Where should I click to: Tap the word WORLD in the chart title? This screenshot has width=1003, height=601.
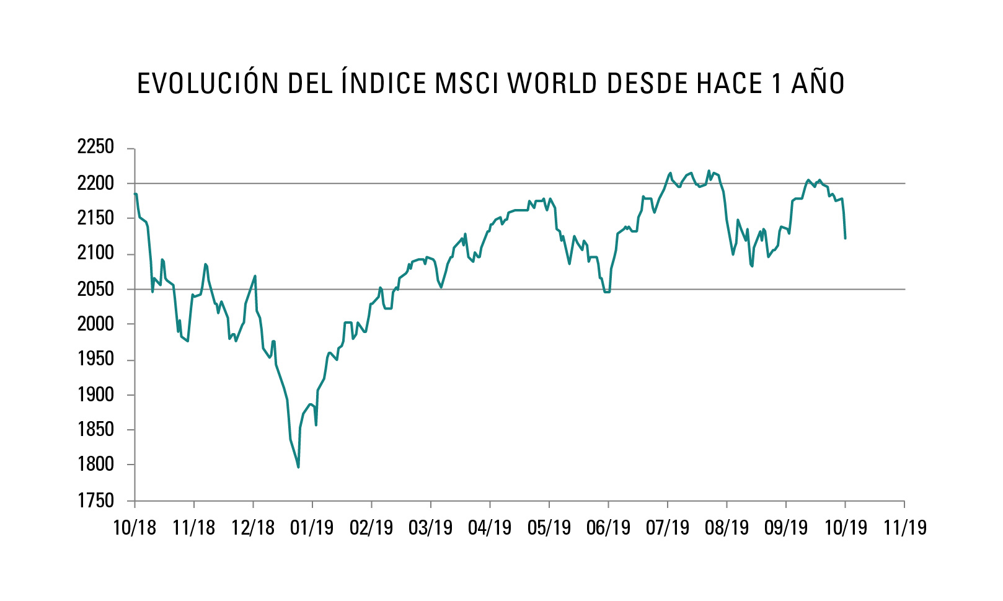pos(554,84)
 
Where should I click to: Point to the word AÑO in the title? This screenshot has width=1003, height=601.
pos(818,84)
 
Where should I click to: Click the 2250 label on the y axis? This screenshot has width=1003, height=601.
pos(95,147)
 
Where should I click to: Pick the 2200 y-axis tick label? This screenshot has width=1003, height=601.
pos(95,183)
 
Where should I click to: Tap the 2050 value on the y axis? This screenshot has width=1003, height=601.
pos(95,288)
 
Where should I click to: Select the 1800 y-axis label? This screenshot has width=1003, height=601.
pos(95,464)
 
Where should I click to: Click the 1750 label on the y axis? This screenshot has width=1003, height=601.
pos(95,500)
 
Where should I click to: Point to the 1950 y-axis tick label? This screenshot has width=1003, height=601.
pos(95,358)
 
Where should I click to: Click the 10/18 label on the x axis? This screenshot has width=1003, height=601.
pos(135,528)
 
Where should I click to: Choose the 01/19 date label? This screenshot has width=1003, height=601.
pos(312,528)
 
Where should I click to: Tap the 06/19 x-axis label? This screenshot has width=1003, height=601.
pos(608,528)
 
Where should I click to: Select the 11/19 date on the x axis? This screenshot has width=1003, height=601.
pos(904,528)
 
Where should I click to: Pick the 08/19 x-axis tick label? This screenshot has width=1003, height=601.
pos(727,528)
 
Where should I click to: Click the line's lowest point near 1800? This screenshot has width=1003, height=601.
pos(298,467)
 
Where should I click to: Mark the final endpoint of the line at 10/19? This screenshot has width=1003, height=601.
pos(845,238)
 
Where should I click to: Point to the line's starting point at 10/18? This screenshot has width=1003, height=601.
pos(135,194)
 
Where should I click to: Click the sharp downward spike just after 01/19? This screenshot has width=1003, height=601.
pos(316,425)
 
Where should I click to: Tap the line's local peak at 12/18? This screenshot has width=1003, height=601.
pos(255,276)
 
